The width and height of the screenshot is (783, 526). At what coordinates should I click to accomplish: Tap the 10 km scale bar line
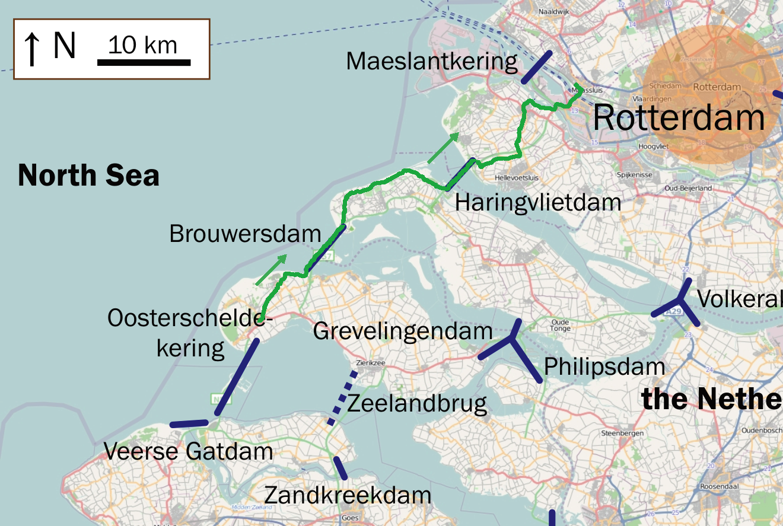144,62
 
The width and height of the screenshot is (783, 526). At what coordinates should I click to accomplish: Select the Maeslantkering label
432,61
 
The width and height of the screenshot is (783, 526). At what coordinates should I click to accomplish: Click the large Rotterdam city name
679,117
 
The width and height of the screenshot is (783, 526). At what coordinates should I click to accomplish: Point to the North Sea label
88,176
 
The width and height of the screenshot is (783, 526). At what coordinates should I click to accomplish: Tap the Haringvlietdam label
537,203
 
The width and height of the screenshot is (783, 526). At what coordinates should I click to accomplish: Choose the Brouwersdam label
245,234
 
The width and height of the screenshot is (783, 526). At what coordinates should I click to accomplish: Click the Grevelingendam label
403,331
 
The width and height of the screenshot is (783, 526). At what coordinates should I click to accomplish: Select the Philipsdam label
604,366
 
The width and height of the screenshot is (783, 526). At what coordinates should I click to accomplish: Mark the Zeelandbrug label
416,404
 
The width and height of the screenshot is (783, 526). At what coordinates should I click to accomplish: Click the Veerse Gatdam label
188,452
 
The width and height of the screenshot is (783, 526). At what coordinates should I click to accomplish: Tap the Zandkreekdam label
348,495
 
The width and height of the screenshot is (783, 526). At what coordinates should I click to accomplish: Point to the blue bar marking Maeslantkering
537,67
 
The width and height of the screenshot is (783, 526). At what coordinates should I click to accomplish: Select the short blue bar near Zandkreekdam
340,468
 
